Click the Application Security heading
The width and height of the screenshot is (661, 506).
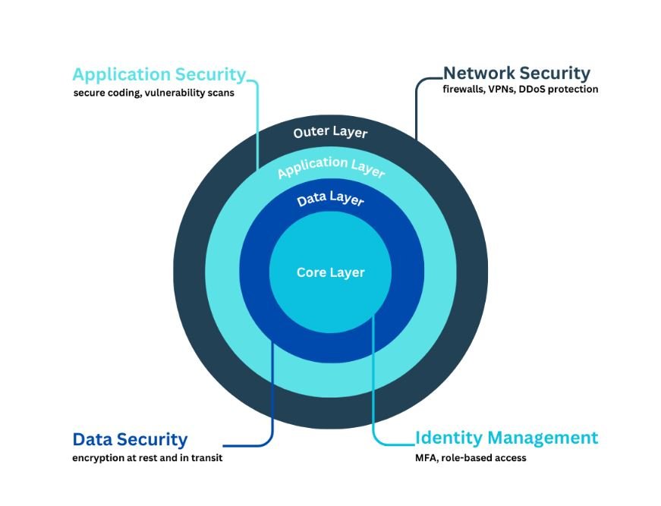[x=159, y=74]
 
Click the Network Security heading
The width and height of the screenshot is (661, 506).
[x=516, y=74]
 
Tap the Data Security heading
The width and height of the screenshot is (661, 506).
[x=130, y=439]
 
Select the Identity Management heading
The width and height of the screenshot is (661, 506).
[x=506, y=438]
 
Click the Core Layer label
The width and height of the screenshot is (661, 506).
[x=330, y=272]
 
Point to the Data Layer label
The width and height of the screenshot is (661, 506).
[x=330, y=200]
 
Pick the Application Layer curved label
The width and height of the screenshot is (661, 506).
[x=331, y=167]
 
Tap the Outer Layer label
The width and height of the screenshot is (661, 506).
[x=330, y=133]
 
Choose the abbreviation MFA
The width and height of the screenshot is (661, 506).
[x=426, y=458]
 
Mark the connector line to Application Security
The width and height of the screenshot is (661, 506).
[x=258, y=121]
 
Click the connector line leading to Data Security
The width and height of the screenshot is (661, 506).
[x=272, y=394]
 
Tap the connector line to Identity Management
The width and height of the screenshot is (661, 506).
[x=373, y=379]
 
